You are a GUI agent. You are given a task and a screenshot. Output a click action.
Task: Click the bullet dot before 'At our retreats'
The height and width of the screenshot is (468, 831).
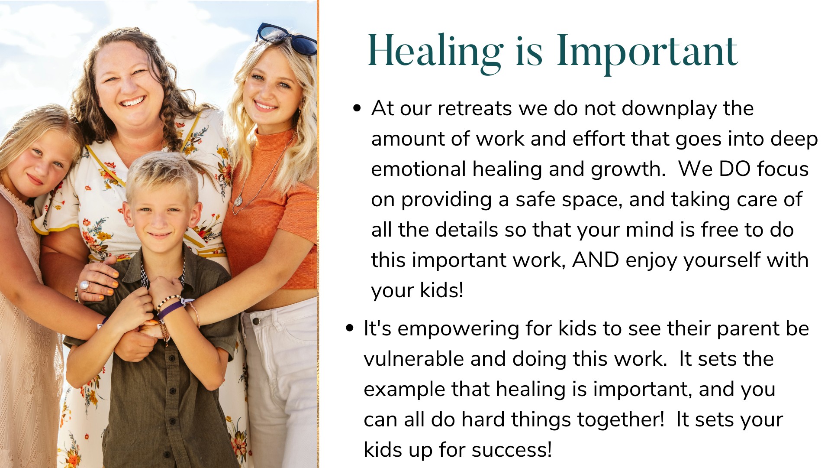(357, 108)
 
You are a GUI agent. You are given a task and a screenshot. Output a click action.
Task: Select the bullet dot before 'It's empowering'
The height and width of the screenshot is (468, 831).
(350, 328)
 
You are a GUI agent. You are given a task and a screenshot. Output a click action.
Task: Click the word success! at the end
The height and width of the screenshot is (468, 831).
(512, 450)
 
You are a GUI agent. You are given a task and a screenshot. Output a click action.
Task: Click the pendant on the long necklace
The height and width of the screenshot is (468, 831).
(238, 201)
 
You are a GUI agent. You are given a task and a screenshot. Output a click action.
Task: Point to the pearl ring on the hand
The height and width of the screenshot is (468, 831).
(84, 286)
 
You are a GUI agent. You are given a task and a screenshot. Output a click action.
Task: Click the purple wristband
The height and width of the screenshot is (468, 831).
(171, 309)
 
